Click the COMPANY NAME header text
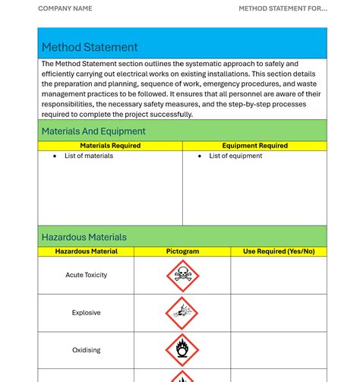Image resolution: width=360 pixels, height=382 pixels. tap(65, 9)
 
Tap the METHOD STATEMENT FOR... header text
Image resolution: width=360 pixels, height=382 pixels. tap(283, 9)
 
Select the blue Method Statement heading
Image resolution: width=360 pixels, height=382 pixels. tap(90, 47)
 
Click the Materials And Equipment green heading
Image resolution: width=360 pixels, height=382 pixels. tap(93, 131)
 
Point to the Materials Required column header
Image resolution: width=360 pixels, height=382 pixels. tap(110, 146)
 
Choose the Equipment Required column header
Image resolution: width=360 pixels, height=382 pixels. tap(254, 146)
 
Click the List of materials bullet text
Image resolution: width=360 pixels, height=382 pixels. tap(89, 156)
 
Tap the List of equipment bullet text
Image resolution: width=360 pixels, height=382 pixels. tap(235, 156)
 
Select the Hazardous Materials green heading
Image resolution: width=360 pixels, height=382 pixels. tap(84, 237)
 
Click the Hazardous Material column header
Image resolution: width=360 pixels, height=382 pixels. tap(86, 251)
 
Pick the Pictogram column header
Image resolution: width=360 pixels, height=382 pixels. tap(182, 251)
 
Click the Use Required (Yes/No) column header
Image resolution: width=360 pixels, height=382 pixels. tap(278, 251)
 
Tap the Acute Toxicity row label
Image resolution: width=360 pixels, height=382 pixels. tap(86, 275)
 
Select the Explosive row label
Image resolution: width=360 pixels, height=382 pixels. tap(86, 313)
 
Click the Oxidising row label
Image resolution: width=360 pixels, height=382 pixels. tap(86, 350)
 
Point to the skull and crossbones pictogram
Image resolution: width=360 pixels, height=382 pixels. tap(182, 276)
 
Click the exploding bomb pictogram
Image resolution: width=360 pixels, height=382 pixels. tap(182, 313)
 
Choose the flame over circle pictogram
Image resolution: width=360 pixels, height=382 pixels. tap(182, 350)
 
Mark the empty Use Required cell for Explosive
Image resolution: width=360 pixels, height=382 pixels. tap(278, 313)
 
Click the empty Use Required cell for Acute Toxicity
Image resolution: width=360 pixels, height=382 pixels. tap(278, 275)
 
